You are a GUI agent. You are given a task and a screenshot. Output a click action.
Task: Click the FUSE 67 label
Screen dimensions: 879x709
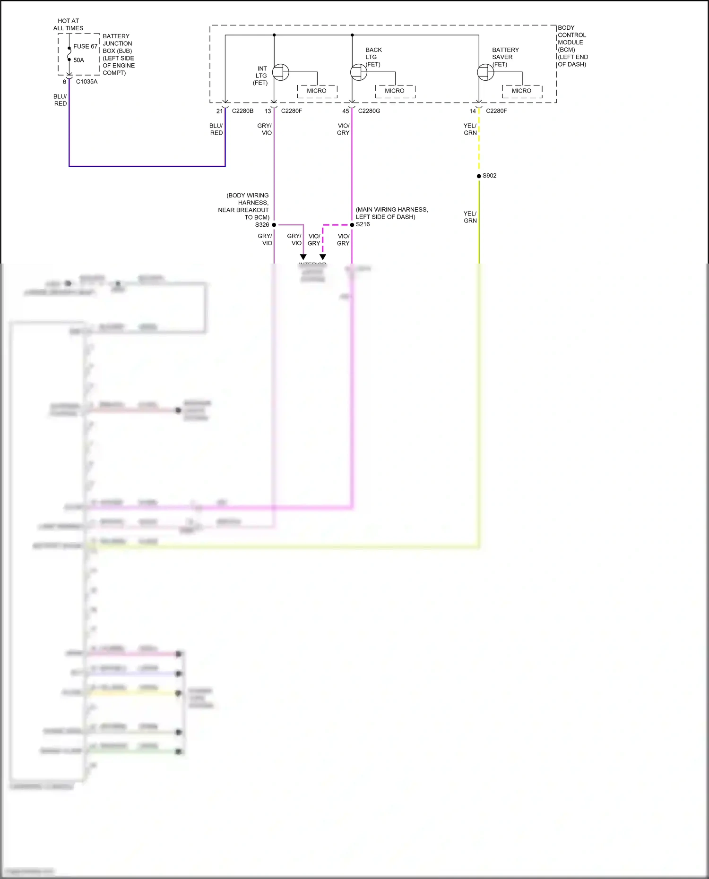(x=85, y=46)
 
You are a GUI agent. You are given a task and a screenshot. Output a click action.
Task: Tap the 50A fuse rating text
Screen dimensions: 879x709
(x=78, y=60)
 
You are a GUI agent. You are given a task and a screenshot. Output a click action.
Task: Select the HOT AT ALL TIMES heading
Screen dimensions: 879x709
(x=68, y=25)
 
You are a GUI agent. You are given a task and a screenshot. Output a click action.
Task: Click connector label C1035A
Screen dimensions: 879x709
(x=86, y=82)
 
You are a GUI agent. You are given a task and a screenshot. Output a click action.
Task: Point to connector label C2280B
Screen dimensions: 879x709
(x=242, y=111)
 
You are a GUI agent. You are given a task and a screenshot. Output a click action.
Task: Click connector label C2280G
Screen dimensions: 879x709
(x=369, y=111)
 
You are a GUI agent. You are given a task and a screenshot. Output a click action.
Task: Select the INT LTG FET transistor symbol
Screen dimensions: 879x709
(x=281, y=72)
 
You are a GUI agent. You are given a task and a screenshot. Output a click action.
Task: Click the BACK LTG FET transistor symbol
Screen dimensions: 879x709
(x=359, y=72)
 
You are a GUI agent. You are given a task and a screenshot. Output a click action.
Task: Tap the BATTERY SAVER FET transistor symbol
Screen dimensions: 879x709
(x=485, y=72)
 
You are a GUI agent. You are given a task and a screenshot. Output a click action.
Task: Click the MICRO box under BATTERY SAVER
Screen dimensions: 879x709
(x=521, y=91)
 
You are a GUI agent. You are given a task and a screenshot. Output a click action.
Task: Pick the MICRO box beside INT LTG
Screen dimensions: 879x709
(x=317, y=91)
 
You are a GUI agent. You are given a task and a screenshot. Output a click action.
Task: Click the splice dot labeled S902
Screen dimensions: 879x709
(x=479, y=176)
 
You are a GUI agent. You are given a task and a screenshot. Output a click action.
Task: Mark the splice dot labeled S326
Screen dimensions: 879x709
(x=274, y=225)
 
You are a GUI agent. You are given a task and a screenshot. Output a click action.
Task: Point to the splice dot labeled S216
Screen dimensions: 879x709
(x=352, y=225)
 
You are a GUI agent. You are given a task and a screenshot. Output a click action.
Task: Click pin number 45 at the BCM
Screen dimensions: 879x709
(x=346, y=111)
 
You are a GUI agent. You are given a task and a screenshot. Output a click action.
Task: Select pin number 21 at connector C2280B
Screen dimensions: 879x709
(x=219, y=111)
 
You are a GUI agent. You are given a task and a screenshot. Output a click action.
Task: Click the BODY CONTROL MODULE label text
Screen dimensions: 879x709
(x=572, y=46)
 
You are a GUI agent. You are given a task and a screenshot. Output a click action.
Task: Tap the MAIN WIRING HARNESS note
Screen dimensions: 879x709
(x=391, y=213)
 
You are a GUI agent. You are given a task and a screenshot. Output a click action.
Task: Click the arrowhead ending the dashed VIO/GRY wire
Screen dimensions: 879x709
(x=323, y=257)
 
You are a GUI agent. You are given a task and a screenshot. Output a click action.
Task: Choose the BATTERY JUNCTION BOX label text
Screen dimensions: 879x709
(x=118, y=54)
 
